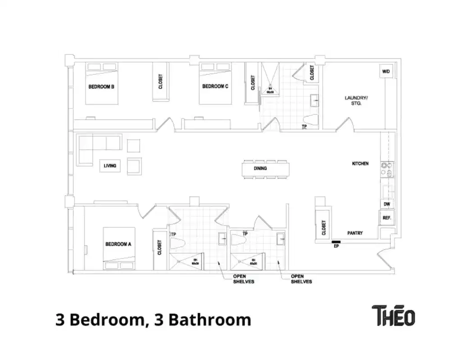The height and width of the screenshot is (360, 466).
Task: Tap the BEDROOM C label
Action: coord(215,86)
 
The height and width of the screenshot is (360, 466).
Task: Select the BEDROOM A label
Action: coord(118,244)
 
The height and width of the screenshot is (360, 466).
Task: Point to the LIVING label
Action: coord(110,166)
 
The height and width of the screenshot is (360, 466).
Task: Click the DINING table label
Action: coord(260,168)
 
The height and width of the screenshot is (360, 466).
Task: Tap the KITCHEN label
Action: coord(360,163)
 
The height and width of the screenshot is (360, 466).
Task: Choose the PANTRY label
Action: coord(355,233)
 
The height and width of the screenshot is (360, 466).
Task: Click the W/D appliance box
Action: coord(386,72)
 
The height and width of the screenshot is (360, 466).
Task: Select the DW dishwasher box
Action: coord(387,204)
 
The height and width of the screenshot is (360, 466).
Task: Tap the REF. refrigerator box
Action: coord(387,218)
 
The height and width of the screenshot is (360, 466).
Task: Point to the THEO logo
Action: coord(393,315)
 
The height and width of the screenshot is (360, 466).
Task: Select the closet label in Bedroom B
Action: coord(160,81)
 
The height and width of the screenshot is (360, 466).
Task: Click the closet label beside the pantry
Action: coord(324,227)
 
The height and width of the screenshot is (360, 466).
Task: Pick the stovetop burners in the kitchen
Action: coord(386,169)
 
